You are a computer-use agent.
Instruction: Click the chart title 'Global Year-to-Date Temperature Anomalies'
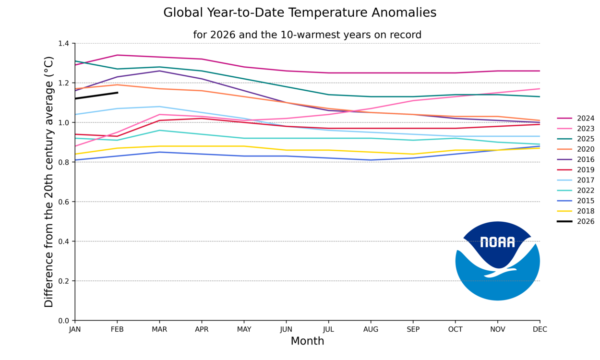[300, 12]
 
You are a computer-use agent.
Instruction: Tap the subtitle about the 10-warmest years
[307, 35]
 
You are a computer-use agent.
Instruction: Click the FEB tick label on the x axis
[117, 329]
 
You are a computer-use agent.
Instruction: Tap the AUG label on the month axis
[371, 329]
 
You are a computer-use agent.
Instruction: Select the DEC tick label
[540, 329]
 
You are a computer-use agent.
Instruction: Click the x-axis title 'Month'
[307, 341]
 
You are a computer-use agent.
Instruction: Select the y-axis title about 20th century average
[49, 182]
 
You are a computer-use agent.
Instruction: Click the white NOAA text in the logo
[497, 242]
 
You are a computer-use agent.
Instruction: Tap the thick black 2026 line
[96, 96]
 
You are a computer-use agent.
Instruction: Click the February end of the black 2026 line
[117, 93]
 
